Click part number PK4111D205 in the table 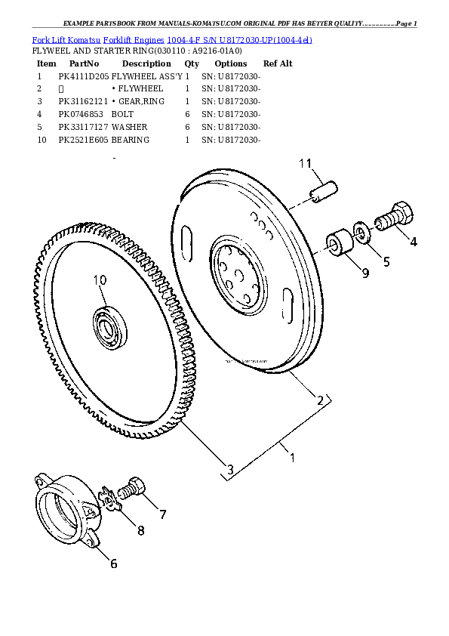tap(83, 77)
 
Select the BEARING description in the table tap(131, 140)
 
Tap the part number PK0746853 tap(83, 114)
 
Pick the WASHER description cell tap(130, 127)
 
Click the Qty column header tap(192, 64)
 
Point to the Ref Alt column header tap(278, 64)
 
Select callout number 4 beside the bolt tap(412, 242)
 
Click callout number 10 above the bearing tap(100, 281)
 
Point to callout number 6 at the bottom tap(113, 562)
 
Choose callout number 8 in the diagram tap(140, 530)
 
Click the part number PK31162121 tap(83, 102)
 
